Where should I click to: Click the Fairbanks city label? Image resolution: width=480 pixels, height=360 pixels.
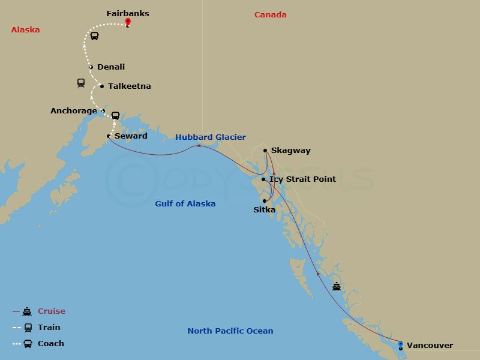pyautogui.click(x=127, y=13)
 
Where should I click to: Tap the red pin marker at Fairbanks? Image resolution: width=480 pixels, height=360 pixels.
pyautogui.click(x=128, y=23)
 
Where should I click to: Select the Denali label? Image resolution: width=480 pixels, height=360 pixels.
pyautogui.click(x=111, y=67)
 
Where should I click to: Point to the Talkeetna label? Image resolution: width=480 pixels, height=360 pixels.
pyautogui.click(x=129, y=86)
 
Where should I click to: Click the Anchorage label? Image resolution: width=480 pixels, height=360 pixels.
pyautogui.click(x=73, y=110)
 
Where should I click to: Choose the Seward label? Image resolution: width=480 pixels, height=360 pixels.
pyautogui.click(x=131, y=136)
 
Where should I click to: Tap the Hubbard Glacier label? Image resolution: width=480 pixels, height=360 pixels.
pyautogui.click(x=210, y=137)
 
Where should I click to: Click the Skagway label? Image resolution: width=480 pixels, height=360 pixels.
pyautogui.click(x=290, y=151)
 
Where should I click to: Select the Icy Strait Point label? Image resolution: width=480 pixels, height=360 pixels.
pyautogui.click(x=302, y=179)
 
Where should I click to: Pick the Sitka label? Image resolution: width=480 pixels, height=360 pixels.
pyautogui.click(x=264, y=210)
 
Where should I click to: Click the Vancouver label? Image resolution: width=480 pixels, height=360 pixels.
pyautogui.click(x=430, y=345)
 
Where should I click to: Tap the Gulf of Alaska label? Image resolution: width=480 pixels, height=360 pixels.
pyautogui.click(x=185, y=204)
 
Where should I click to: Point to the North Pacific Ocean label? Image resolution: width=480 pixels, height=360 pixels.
pyautogui.click(x=230, y=331)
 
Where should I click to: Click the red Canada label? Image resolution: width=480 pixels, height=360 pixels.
pyautogui.click(x=270, y=15)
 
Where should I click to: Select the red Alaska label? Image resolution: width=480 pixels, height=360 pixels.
pyautogui.click(x=25, y=29)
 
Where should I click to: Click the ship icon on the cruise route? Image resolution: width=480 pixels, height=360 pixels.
pyautogui.click(x=337, y=286)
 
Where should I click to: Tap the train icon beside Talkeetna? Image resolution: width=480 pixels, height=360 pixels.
pyautogui.click(x=81, y=83)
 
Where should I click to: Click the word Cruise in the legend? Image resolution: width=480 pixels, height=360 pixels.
pyautogui.click(x=52, y=311)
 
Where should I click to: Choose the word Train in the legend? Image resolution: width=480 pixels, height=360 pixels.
pyautogui.click(x=49, y=328)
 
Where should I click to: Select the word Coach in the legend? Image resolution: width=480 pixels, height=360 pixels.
pyautogui.click(x=51, y=344)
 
